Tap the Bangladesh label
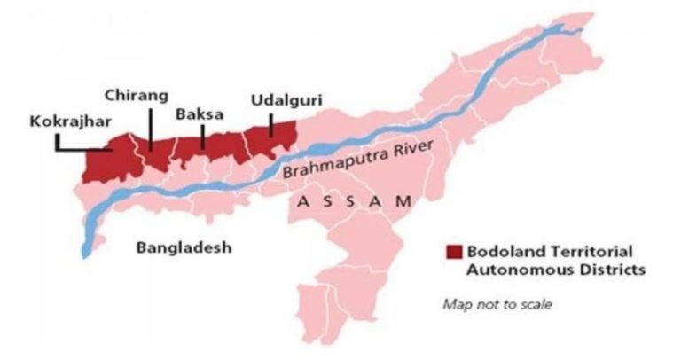184,248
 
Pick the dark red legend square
454,251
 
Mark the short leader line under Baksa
203,136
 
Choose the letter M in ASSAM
403,201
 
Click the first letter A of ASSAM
301,201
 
